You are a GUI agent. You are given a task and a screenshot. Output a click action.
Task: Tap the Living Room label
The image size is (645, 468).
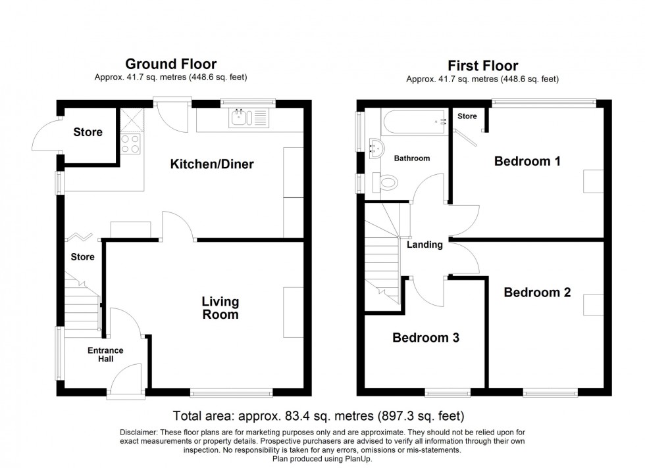tap(220, 308)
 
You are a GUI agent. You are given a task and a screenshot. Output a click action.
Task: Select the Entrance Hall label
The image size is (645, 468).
tap(105, 355)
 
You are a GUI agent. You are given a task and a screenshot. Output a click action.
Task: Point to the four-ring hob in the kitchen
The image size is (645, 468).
tap(130, 143)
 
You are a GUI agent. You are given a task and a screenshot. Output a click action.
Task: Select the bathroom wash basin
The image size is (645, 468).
tap(376, 149)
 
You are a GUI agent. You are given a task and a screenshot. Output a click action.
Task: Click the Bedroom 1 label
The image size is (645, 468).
tap(527, 160)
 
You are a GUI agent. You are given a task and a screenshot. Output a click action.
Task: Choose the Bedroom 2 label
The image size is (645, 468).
tap(537, 292)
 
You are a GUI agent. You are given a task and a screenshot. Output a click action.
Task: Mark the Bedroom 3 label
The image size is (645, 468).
tap(426, 338)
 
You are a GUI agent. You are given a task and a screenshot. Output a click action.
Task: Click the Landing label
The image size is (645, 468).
tap(425, 245)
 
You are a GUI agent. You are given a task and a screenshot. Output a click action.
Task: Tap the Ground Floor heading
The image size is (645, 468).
tap(170, 64)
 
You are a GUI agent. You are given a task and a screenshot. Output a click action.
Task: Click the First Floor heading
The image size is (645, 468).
tap(482, 65)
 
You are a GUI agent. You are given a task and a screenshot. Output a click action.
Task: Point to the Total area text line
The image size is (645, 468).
tap(319, 416)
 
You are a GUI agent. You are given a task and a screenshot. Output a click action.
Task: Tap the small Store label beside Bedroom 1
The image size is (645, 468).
tap(467, 116)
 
